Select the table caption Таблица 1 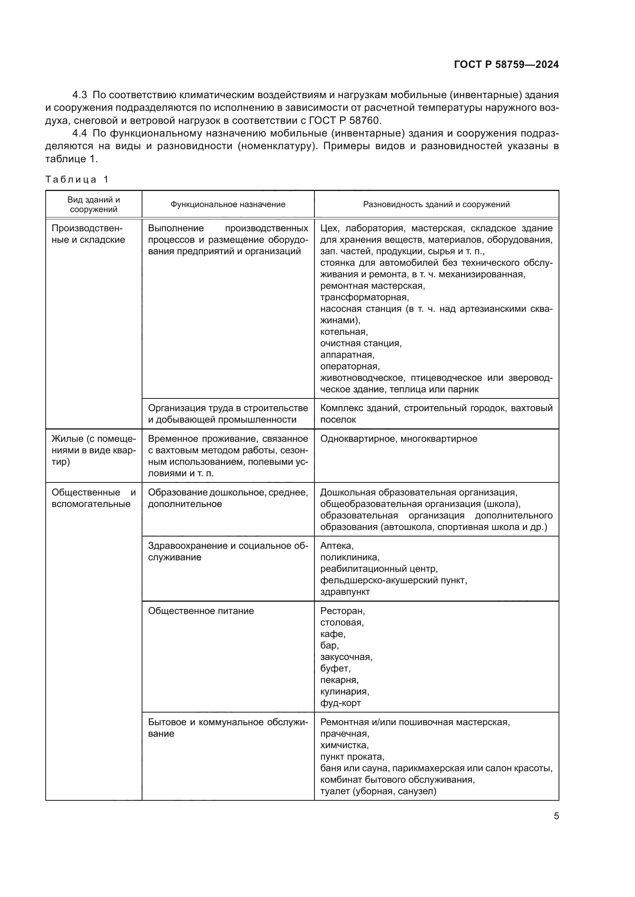pos(77,179)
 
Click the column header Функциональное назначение pos(228,204)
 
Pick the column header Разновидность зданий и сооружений pos(436,204)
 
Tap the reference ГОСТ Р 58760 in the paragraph pos(344,120)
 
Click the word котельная pos(344,332)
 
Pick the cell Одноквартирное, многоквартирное pos(399,439)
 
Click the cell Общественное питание pos(200,611)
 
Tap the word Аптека pos(336,546)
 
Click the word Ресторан pos(342,611)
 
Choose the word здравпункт pos(344,591)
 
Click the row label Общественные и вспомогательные pos(93,498)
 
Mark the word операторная pos(350,366)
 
